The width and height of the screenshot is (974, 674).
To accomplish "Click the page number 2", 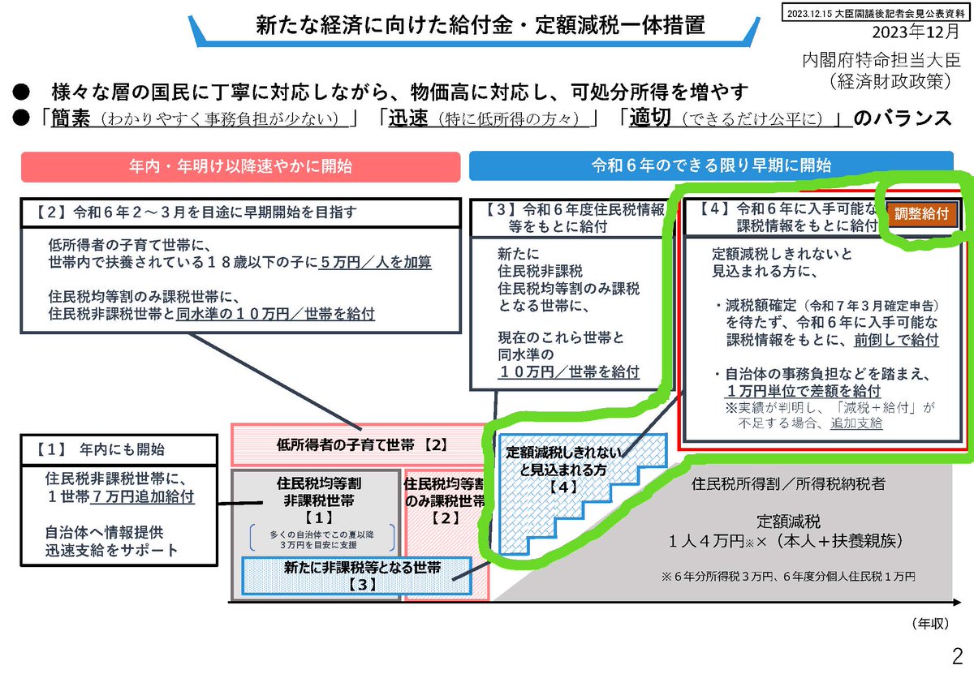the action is (958, 654).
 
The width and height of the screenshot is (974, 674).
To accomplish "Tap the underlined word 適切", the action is (649, 118).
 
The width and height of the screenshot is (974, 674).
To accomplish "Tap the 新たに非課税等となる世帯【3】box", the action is (357, 575).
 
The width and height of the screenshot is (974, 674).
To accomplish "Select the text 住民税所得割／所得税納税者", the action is (787, 484).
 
